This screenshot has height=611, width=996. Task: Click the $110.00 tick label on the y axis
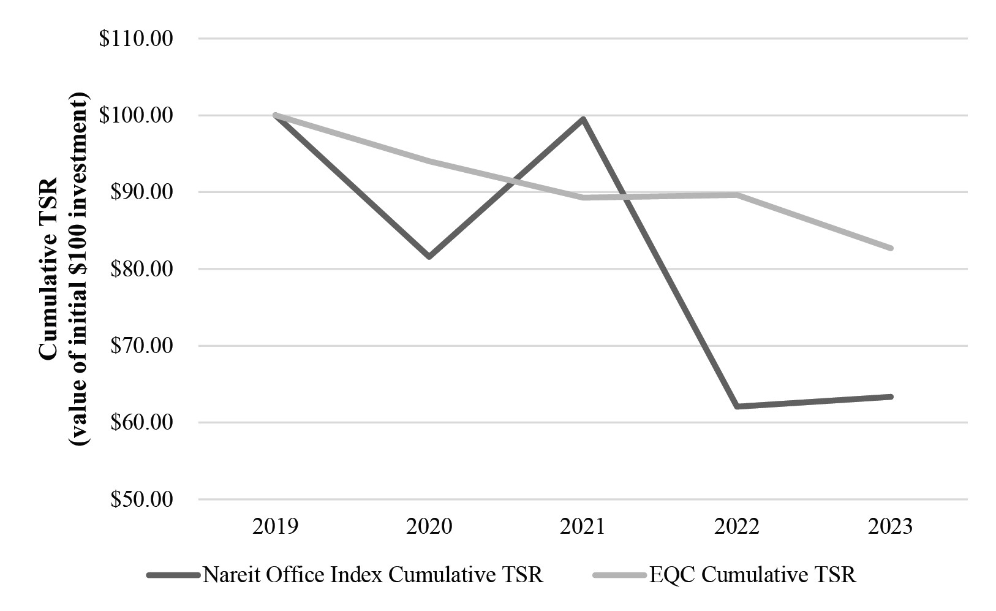(x=136, y=39)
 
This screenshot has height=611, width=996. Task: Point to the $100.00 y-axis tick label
(x=136, y=115)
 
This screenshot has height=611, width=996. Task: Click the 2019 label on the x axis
(x=275, y=526)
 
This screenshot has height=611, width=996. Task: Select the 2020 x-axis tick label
(x=429, y=526)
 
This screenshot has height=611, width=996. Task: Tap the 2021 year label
(x=583, y=526)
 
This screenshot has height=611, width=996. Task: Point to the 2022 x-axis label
(x=737, y=526)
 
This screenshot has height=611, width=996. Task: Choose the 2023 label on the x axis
(x=890, y=526)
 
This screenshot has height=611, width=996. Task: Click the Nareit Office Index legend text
(x=372, y=575)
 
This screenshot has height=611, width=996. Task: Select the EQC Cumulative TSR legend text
(x=753, y=575)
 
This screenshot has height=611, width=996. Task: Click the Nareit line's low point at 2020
(x=429, y=257)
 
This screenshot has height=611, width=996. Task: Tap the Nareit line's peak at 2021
(x=583, y=119)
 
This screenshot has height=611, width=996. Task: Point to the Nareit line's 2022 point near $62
(x=737, y=406)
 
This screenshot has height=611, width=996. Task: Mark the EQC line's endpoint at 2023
(x=891, y=248)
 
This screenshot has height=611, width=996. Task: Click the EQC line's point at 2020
(x=429, y=161)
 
